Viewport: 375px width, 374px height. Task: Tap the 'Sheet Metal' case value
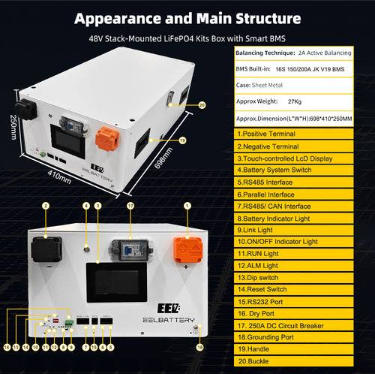pyautogui.click(x=274, y=85)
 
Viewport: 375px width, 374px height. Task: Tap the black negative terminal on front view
pyautogui.click(x=46, y=249)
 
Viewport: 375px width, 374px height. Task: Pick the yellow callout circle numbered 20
pyautogui.click(x=201, y=105)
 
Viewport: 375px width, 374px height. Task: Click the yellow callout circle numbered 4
pyautogui.click(x=85, y=205)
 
